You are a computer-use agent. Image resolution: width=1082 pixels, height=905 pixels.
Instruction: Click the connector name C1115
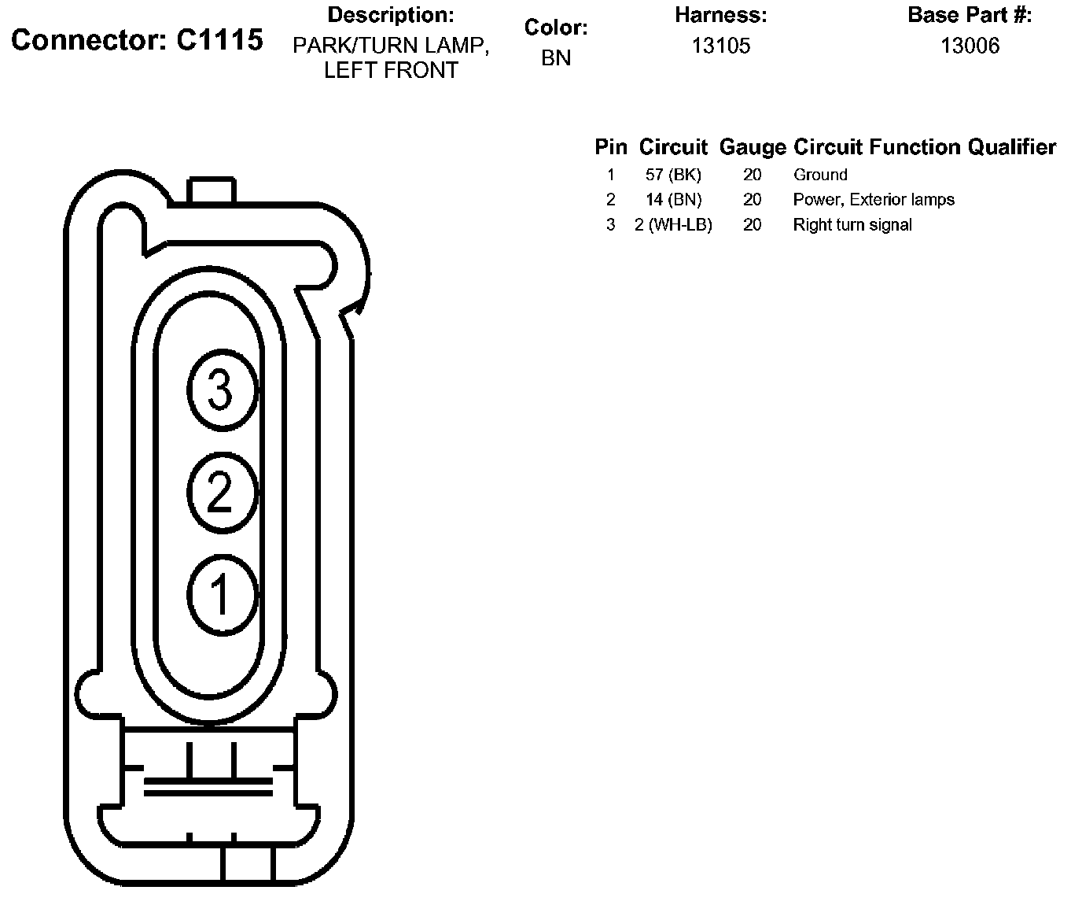pyautogui.click(x=219, y=39)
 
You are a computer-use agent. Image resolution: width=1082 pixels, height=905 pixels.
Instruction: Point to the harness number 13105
pyautogui.click(x=721, y=46)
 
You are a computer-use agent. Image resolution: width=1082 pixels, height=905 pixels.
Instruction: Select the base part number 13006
pyautogui.click(x=970, y=46)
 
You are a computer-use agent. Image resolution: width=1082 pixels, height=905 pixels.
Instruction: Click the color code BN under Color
pyautogui.click(x=556, y=57)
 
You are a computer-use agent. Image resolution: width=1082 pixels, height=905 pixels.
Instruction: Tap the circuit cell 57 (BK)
pyautogui.click(x=673, y=175)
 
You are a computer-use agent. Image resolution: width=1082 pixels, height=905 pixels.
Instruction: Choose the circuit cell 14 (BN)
pyautogui.click(x=674, y=200)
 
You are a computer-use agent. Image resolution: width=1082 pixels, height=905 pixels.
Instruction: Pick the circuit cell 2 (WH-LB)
pyautogui.click(x=673, y=224)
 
